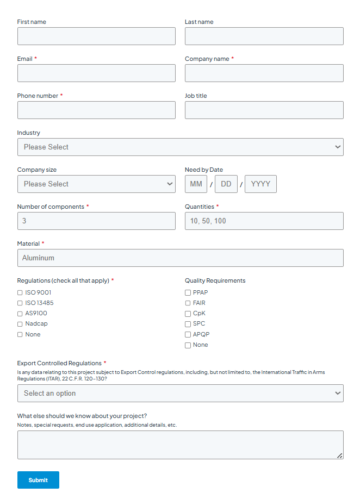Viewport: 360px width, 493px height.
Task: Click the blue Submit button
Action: coord(38,480)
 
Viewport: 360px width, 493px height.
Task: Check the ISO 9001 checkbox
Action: coord(20,292)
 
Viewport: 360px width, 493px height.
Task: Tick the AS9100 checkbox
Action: coord(20,314)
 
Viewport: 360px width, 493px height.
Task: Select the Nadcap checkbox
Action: coord(20,324)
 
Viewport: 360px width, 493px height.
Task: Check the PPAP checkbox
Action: coord(188,292)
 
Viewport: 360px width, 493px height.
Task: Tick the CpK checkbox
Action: coord(188,314)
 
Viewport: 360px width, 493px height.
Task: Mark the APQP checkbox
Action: coord(188,335)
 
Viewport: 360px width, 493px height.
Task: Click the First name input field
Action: coord(96,36)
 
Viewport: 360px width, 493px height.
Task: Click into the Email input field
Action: coord(96,73)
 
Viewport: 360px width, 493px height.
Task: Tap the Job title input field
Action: coord(264,110)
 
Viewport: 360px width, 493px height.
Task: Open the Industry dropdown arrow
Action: coord(338,147)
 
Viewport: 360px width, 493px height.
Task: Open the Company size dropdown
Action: coord(96,184)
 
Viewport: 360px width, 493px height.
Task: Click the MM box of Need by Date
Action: coord(196,184)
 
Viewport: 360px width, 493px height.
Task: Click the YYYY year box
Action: coord(260,184)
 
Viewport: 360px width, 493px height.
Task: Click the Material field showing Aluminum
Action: coord(180,258)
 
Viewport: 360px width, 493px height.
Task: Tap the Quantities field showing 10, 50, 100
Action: coord(264,221)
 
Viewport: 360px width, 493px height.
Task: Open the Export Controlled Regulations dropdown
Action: coord(180,394)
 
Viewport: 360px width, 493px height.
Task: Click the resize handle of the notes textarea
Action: coord(339,455)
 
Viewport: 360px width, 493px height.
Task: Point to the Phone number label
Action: coord(38,96)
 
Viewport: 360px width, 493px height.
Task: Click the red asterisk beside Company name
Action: coord(233,58)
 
